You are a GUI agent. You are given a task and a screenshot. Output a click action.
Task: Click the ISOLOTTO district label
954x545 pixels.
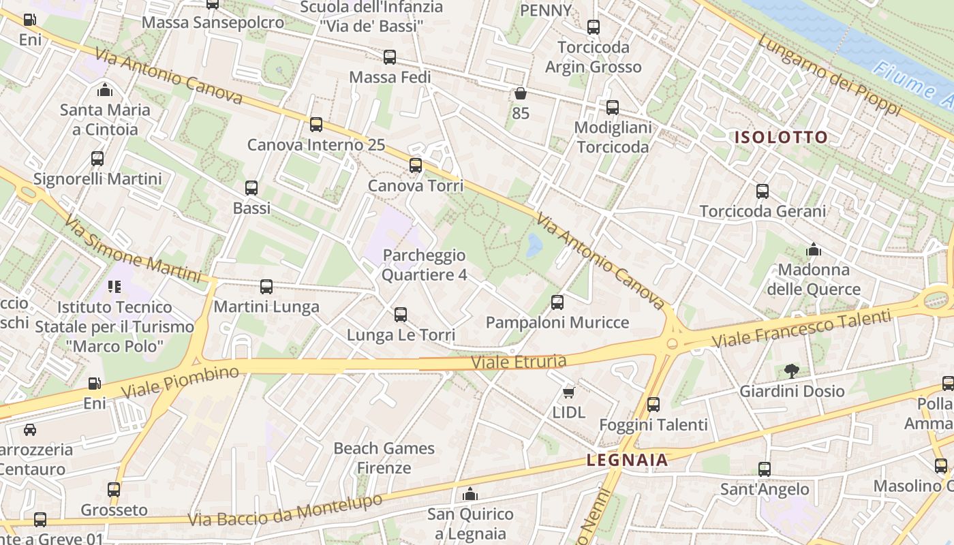tap(781, 137)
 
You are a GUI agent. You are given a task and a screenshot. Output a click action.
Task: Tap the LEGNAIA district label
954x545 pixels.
tap(627, 461)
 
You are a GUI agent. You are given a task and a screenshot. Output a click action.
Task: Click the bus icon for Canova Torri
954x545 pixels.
tap(415, 165)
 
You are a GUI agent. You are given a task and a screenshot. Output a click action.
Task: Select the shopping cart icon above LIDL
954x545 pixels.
tap(568, 392)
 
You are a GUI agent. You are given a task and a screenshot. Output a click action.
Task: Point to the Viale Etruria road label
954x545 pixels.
tap(519, 362)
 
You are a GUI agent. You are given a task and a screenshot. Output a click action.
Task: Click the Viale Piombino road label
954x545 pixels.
tap(181, 382)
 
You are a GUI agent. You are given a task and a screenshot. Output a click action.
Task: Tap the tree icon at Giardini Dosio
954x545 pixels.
tap(791, 371)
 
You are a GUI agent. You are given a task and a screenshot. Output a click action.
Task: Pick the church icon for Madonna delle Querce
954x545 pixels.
tap(813, 249)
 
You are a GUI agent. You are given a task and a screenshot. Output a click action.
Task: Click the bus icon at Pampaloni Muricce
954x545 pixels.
tap(557, 302)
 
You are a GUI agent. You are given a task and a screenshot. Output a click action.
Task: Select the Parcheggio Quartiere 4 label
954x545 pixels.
tap(424, 265)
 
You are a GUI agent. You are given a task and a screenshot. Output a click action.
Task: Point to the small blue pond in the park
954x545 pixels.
tap(534, 245)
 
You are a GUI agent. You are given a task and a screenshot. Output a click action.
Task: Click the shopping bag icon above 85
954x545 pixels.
tap(521, 93)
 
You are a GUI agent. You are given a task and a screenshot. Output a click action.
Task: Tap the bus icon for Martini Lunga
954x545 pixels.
tap(266, 287)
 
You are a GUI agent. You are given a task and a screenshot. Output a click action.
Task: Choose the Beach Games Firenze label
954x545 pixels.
tap(384, 458)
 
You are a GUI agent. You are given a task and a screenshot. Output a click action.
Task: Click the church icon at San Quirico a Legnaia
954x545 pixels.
tap(470, 494)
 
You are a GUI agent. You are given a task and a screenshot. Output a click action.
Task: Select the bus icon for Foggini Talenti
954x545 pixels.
tap(653, 405)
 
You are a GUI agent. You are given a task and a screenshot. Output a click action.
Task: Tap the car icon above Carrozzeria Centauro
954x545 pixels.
tap(30, 429)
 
